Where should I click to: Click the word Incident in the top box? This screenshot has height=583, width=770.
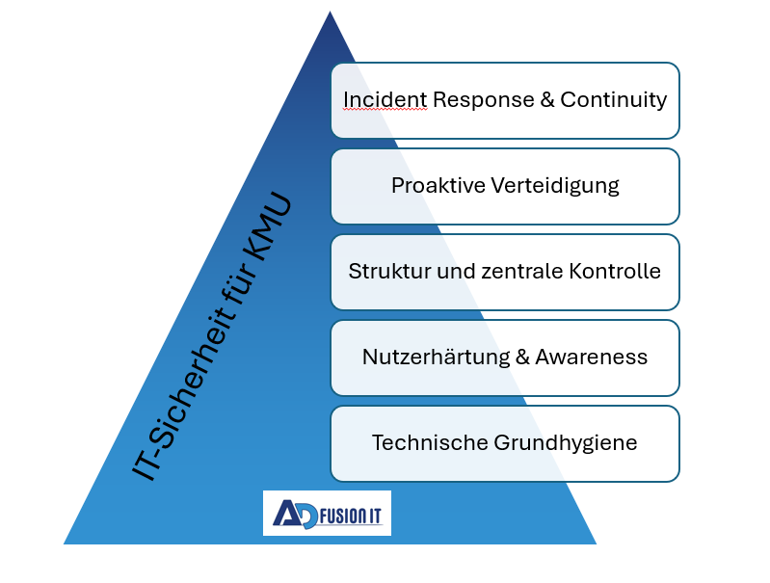pos(385,99)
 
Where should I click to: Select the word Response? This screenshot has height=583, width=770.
pos(483,100)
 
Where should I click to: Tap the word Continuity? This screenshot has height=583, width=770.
pos(613,100)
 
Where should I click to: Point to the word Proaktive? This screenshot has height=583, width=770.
pos(438,186)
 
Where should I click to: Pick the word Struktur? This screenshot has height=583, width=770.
pos(389,272)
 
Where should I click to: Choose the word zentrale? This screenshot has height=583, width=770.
pos(522,272)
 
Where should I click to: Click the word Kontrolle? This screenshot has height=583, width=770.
pos(615,272)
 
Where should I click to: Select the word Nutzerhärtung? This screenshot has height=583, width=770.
pos(436,358)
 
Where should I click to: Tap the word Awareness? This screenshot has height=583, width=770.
pos(592,358)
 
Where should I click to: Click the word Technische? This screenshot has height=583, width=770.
pos(430,443)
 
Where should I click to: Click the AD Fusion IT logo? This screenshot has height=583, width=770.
pos(327,513)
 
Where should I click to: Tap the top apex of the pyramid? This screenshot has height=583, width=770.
pos(330,12)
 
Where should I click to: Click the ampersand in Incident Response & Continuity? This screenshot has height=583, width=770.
pos(547,100)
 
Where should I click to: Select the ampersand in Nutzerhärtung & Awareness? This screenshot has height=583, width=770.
pos(522,358)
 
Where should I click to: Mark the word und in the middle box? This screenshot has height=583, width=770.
pos(456,272)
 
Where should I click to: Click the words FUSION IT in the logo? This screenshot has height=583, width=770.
pos(351,517)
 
